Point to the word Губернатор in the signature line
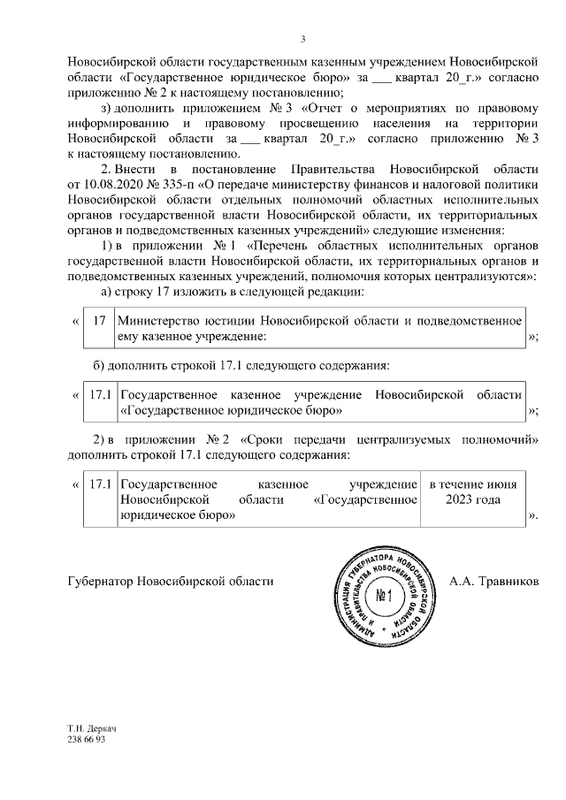click(x=98, y=582)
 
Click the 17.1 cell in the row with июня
click(x=100, y=484)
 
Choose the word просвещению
click(x=335, y=124)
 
